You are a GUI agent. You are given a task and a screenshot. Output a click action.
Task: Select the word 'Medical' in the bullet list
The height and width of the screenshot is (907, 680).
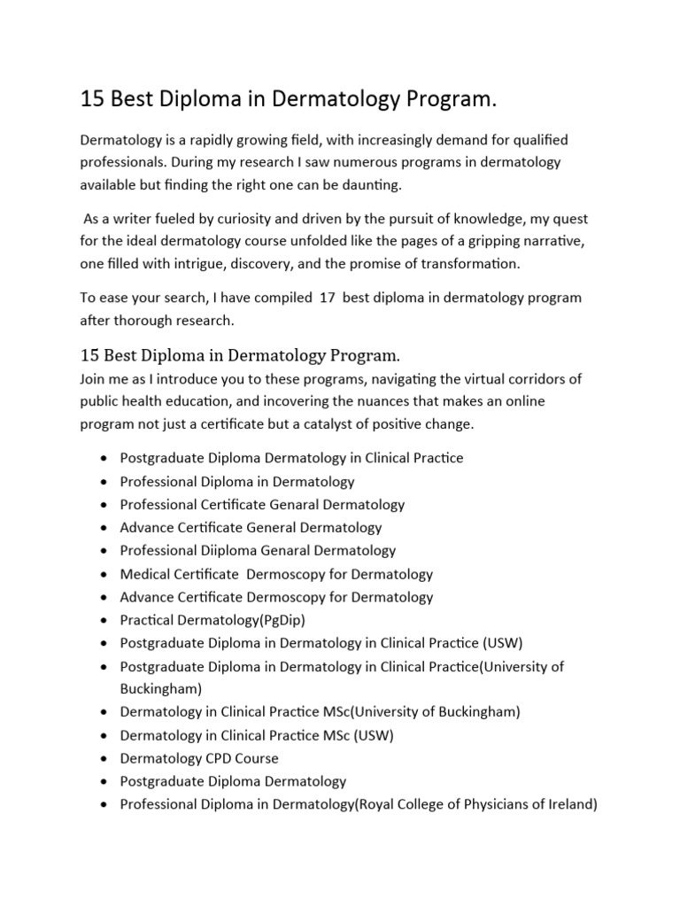pyautogui.click(x=146, y=574)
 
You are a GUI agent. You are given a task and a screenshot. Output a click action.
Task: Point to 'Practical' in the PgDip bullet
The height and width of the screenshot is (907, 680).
pyautogui.click(x=148, y=620)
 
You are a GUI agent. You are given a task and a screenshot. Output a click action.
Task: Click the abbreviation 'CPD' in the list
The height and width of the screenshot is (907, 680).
pyautogui.click(x=220, y=758)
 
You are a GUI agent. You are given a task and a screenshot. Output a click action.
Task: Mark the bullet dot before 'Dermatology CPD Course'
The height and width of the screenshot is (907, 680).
pyautogui.click(x=104, y=759)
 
